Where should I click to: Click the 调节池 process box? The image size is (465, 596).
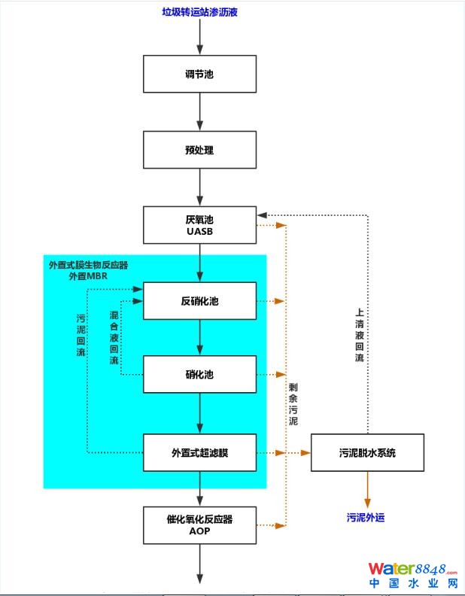pyautogui.click(x=199, y=74)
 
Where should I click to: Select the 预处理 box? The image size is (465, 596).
pyautogui.click(x=199, y=150)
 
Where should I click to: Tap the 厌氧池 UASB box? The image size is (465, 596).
pyautogui.click(x=199, y=225)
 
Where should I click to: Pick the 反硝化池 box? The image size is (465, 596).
pyautogui.click(x=199, y=301)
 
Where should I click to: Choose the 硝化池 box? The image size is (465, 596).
pyautogui.click(x=199, y=374)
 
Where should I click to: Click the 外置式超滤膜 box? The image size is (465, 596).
pyautogui.click(x=199, y=452)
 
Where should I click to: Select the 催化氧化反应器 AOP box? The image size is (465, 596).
pyautogui.click(x=199, y=525)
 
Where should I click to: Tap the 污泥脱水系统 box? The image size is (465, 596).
pyautogui.click(x=367, y=452)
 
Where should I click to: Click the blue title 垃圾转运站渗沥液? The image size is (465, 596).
pyautogui.click(x=200, y=12)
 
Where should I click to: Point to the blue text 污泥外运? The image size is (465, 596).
pyautogui.click(x=366, y=518)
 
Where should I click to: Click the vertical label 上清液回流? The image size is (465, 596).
pyautogui.click(x=360, y=336)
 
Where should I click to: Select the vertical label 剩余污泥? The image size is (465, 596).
pyautogui.click(x=293, y=404)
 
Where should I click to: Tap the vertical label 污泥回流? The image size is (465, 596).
pyautogui.click(x=81, y=336)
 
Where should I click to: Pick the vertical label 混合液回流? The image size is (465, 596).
pyautogui.click(x=114, y=338)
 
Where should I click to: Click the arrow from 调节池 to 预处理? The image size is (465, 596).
pyautogui.click(x=199, y=112)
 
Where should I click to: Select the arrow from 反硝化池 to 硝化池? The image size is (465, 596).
pyautogui.click(x=199, y=337)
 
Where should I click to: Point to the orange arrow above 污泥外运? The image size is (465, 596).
pyautogui.click(x=367, y=490)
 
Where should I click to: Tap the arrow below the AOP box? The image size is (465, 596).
pyautogui.click(x=199, y=563)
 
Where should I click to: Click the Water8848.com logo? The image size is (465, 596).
pyautogui.click(x=412, y=576)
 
